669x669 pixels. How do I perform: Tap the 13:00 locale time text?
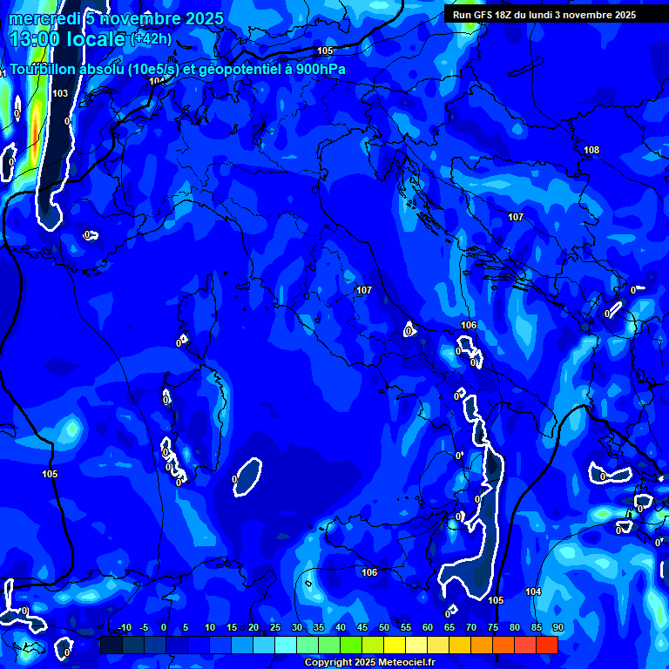[66, 39]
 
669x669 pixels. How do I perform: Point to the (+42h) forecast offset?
[151, 38]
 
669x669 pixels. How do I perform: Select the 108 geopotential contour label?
[591, 150]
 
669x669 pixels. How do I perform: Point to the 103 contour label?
[60, 93]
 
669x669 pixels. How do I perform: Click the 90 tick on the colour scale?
[557, 628]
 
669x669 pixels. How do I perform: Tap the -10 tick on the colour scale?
[124, 628]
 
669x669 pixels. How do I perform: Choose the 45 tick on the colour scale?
[362, 628]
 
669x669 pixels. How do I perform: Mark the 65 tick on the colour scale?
[449, 628]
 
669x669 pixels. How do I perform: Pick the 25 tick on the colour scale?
[274, 628]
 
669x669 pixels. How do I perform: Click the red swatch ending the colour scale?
[547, 645]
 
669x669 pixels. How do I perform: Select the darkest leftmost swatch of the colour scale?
[111, 645]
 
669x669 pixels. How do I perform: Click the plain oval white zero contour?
[247, 476]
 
